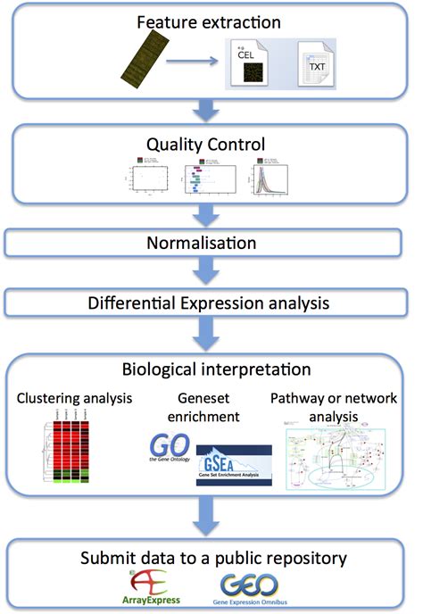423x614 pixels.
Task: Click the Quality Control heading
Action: point(208,143)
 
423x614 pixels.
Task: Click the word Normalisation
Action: point(208,243)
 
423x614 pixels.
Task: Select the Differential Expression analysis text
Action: point(208,303)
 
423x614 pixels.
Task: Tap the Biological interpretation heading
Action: point(208,369)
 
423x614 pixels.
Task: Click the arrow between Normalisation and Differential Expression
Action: point(208,271)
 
